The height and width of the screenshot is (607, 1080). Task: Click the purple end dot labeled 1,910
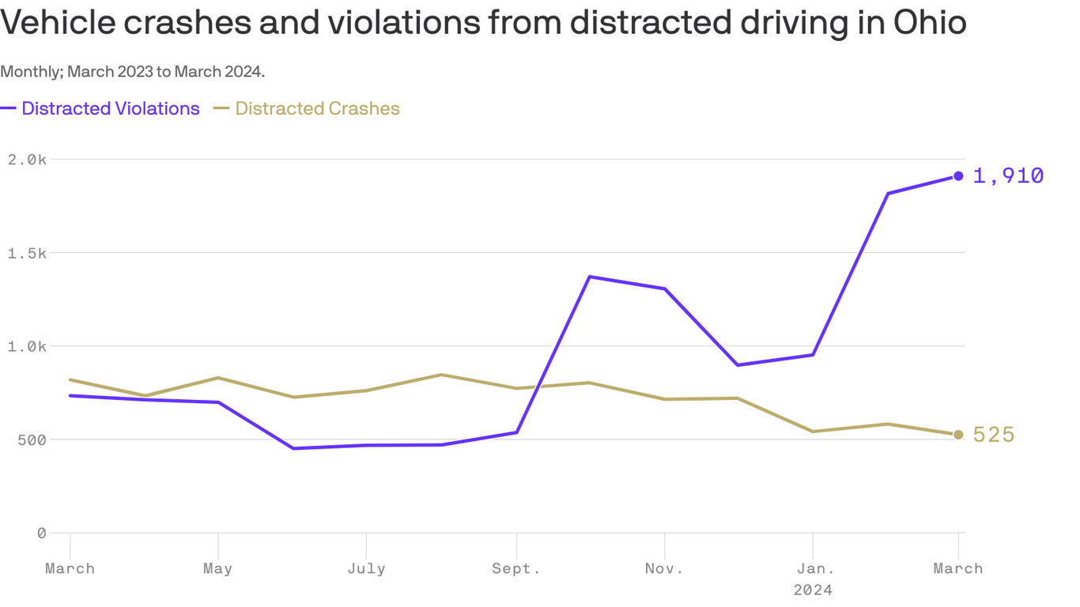958,175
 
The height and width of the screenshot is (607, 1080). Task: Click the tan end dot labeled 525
958,435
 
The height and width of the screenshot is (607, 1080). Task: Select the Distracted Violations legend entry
110,108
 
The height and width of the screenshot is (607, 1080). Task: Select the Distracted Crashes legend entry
317,108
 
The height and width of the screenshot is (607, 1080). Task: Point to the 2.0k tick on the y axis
27,160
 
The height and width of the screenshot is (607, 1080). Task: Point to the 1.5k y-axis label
27,253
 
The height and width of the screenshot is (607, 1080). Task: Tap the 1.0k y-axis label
27,346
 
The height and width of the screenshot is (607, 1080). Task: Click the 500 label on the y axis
32,439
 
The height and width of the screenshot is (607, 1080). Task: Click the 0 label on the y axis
41,533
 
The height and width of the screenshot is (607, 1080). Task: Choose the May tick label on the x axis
217,568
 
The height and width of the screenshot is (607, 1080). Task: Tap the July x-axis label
366,568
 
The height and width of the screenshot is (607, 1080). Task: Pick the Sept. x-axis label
516,568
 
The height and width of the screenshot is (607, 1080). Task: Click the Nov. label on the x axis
664,568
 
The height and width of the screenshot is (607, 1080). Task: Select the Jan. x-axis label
813,568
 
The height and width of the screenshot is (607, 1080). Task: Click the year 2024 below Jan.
813,590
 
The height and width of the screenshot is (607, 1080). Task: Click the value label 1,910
1008,175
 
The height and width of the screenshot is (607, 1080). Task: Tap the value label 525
994,435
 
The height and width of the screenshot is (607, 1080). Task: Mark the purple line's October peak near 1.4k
590,277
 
